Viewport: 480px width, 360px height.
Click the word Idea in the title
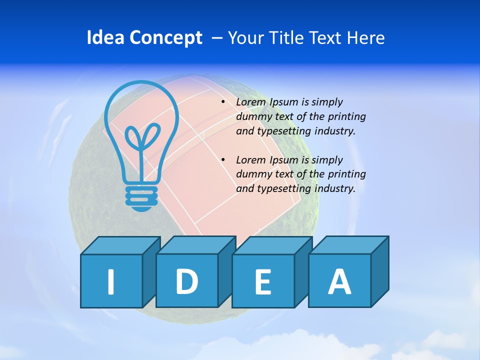(106, 38)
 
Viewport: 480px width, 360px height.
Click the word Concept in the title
(165, 38)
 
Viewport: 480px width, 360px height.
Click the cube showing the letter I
(111, 281)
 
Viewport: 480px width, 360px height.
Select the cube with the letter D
(186, 280)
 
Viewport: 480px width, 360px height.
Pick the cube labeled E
(263, 281)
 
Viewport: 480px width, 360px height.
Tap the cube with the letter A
(339, 280)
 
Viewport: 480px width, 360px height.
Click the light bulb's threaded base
(141, 197)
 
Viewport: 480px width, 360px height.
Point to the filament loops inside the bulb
(142, 137)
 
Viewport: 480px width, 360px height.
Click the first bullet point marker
(223, 102)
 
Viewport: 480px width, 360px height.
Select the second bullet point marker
(223, 160)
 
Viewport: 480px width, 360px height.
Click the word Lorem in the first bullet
(251, 102)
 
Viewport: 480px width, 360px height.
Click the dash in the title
(217, 38)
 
